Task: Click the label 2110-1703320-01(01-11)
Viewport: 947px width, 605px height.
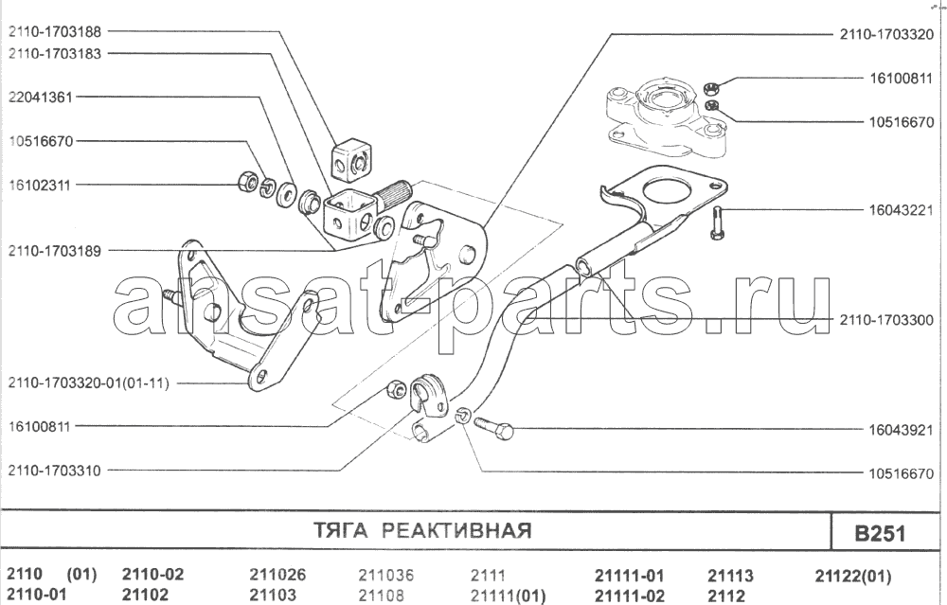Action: coord(91,383)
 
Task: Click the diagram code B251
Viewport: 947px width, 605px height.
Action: coord(880,533)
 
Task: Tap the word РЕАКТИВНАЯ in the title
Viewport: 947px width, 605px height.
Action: coord(456,530)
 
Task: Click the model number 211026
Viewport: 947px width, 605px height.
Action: coord(277,576)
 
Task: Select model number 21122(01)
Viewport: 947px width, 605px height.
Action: coord(852,576)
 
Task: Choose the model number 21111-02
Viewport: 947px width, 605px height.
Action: coord(629,596)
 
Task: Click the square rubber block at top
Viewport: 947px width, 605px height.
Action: coord(350,164)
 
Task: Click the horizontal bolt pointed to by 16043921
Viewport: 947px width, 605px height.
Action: coord(493,427)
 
